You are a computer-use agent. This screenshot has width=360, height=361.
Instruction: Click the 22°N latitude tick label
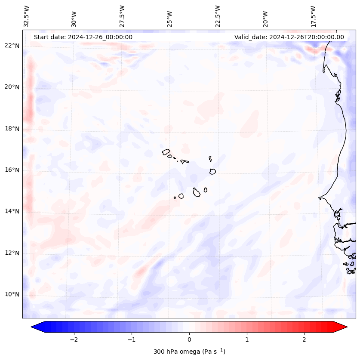(12, 46)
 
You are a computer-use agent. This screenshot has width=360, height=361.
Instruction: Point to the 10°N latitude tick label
(12, 295)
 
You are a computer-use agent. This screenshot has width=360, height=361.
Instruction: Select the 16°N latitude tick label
(12, 170)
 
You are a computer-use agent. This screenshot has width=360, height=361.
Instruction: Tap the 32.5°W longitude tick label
(27, 16)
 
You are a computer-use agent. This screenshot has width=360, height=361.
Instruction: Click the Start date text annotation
(83, 37)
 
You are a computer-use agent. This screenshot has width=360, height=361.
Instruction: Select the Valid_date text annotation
(289, 37)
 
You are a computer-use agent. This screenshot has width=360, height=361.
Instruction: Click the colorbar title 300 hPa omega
(189, 352)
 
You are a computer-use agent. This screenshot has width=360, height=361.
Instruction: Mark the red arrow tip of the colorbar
(345, 327)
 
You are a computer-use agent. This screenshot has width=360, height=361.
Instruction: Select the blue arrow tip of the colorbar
(33, 327)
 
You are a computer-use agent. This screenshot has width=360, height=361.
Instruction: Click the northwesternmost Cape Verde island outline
(166, 151)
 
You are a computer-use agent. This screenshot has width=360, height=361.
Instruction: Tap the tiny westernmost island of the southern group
(175, 197)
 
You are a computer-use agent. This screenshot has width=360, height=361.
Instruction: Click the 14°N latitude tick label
(12, 211)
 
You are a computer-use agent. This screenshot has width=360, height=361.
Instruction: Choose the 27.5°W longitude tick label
(122, 16)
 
